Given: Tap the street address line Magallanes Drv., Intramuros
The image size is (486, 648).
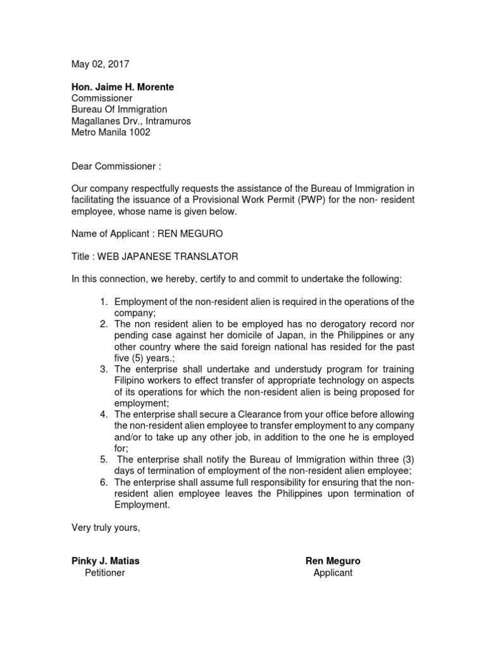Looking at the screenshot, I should (x=130, y=121).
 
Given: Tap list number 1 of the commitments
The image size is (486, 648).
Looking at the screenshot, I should (x=104, y=301).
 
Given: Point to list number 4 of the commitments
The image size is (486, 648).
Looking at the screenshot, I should (x=104, y=414).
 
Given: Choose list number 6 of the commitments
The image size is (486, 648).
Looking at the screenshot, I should (x=104, y=482).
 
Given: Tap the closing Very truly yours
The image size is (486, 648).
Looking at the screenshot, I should (x=105, y=528).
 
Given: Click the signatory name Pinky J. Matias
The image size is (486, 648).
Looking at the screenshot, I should (x=104, y=561).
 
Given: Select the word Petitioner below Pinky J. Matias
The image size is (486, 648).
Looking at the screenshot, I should (x=105, y=573).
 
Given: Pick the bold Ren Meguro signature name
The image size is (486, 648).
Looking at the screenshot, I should (x=333, y=561).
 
